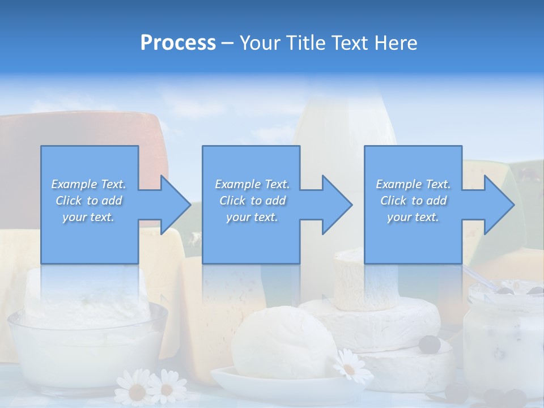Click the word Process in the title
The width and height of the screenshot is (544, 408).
tap(178, 43)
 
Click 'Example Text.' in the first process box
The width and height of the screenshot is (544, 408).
tap(88, 184)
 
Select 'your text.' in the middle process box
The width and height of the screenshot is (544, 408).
tap(252, 218)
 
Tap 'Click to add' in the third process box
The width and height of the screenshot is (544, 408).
tap(413, 201)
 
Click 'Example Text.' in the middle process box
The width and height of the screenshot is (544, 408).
tap(252, 184)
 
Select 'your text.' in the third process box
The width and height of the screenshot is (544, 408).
tap(413, 218)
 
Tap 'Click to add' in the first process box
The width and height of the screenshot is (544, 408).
tap(88, 201)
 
